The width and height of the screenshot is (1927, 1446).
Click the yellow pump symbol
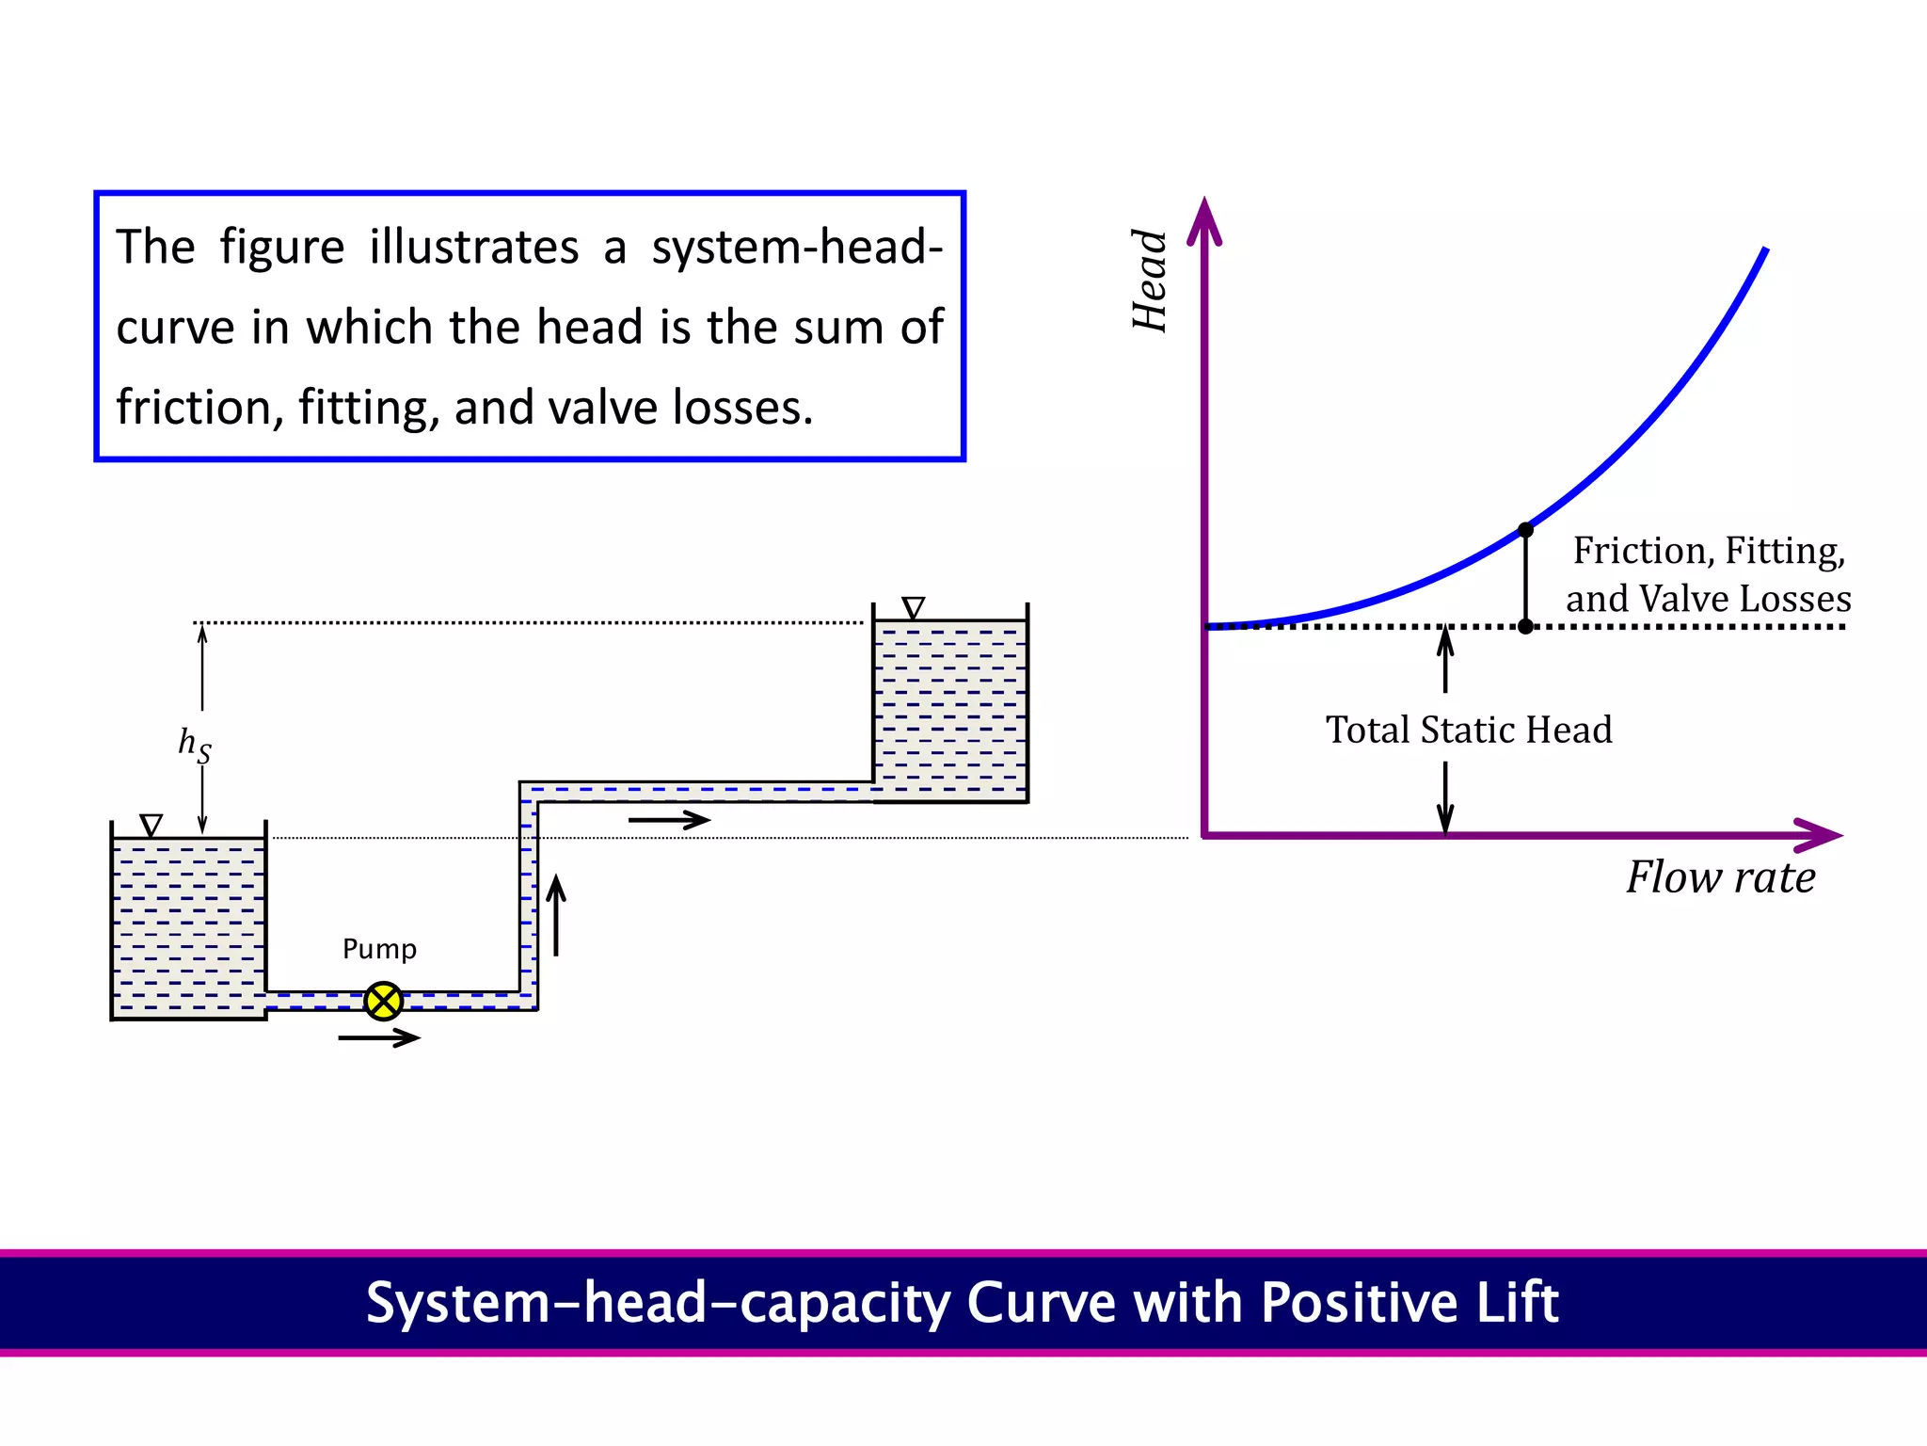(384, 1001)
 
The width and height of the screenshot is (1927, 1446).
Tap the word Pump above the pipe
(379, 949)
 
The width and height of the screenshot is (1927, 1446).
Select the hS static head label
(195, 745)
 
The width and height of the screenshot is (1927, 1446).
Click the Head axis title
(1150, 281)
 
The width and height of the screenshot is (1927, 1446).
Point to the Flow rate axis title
(1720, 877)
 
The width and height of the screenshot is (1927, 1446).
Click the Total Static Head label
(1468, 731)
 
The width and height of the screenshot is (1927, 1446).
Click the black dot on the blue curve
(1525, 530)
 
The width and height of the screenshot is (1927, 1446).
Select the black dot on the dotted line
(1525, 627)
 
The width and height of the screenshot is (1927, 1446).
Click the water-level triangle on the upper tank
(913, 607)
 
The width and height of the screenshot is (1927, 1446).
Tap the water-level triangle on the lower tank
(151, 826)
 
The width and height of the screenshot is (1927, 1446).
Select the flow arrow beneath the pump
(379, 1037)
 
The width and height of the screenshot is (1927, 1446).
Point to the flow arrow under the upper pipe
(669, 820)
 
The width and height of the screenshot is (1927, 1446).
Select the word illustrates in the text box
(473, 248)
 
